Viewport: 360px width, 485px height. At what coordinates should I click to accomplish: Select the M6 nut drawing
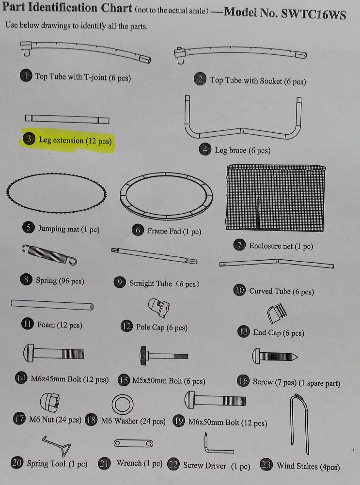50,403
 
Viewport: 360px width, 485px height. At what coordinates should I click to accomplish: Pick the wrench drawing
133,443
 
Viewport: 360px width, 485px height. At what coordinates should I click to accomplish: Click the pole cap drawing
159,308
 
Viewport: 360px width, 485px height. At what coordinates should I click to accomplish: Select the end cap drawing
277,313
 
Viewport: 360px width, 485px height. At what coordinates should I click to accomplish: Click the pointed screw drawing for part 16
275,356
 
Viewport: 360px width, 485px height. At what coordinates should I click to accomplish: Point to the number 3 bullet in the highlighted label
29,139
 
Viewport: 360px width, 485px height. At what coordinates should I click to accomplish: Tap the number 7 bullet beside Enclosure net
239,245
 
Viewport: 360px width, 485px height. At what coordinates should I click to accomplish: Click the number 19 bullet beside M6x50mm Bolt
179,421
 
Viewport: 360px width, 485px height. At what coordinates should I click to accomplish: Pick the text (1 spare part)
319,383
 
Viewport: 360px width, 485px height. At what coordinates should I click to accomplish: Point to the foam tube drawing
52,305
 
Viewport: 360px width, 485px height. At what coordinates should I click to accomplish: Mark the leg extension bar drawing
67,119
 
